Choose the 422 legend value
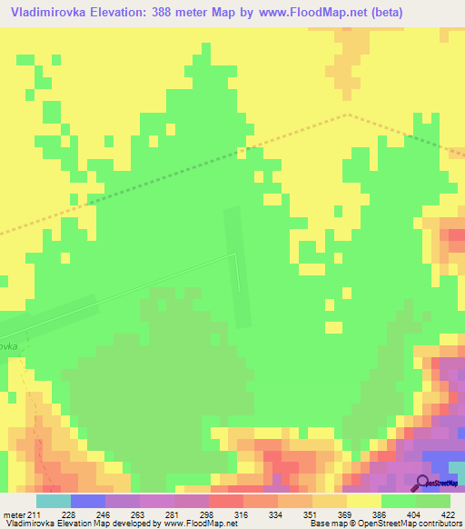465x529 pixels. (x=450, y=515)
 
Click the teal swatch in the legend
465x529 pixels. (x=53, y=501)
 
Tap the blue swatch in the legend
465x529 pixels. (x=87, y=501)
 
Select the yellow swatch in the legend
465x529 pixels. (x=364, y=501)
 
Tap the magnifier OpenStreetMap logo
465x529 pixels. (x=423, y=483)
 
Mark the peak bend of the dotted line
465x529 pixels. (x=347, y=115)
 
